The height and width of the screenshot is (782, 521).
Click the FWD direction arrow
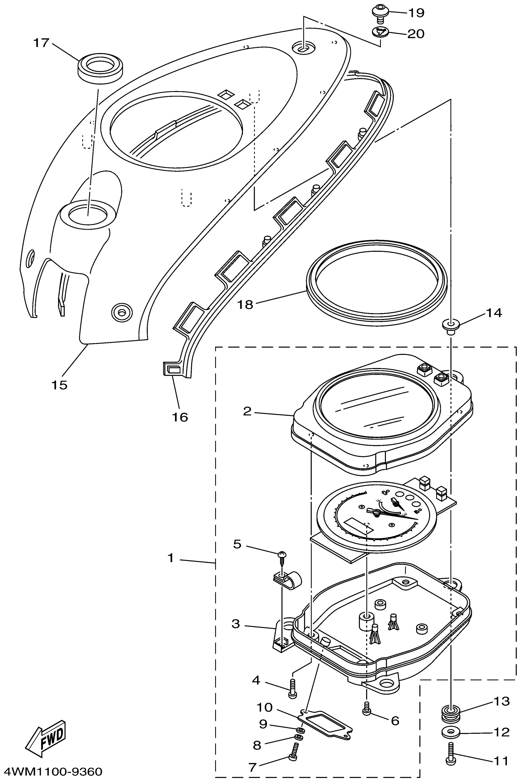(47, 738)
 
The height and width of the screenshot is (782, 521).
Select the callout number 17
(41, 43)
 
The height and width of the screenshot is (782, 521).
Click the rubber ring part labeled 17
(100, 67)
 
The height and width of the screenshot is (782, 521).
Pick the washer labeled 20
(380, 32)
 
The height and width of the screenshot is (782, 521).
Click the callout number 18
(245, 305)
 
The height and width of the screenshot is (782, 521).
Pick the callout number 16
(180, 417)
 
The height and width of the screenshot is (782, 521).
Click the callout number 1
(171, 558)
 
